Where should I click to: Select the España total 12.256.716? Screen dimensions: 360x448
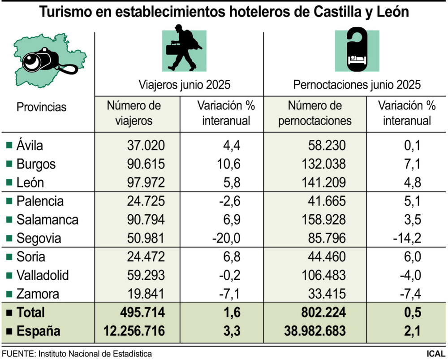(136, 331)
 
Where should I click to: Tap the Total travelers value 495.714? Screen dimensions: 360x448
(142, 312)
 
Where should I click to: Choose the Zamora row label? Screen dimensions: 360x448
(37, 294)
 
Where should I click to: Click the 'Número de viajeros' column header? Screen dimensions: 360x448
(134, 113)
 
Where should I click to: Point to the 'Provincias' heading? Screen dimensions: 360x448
(41, 107)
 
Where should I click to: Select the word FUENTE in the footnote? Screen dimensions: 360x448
(17, 354)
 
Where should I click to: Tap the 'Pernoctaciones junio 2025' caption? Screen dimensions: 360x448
(357, 84)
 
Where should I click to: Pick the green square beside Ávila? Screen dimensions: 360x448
(9, 145)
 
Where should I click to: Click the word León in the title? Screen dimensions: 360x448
(390, 12)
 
